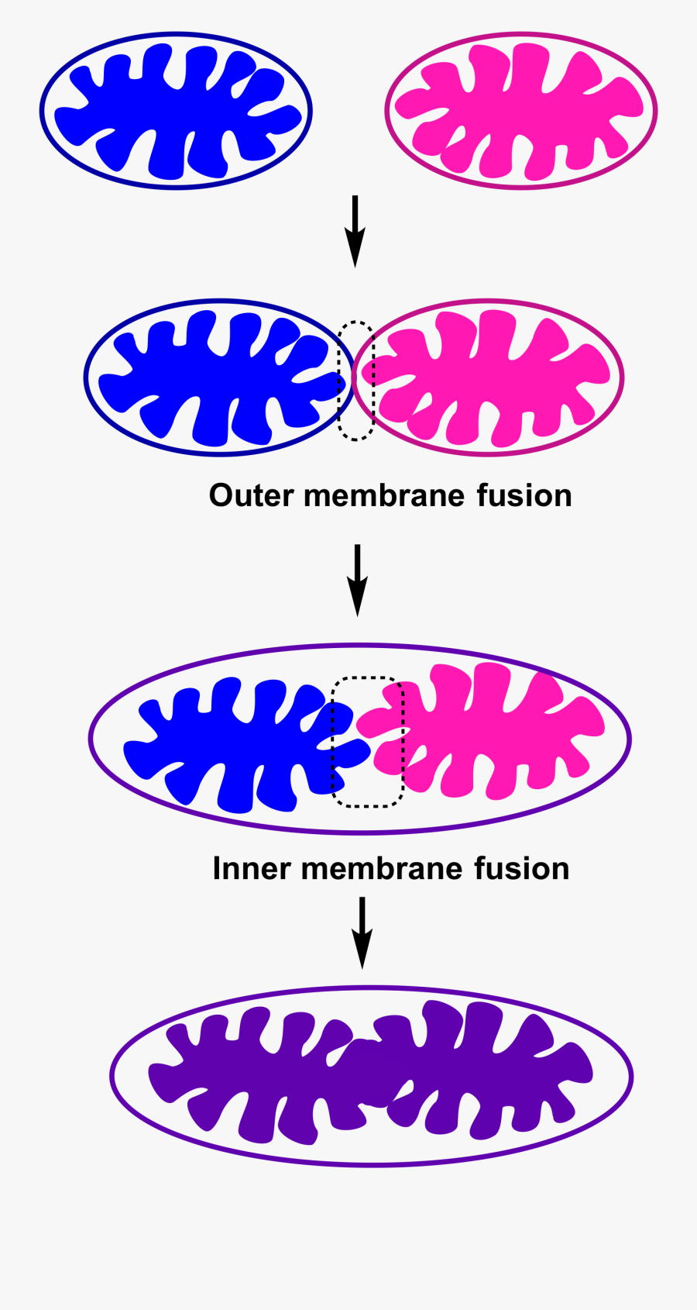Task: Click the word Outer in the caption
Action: (251, 496)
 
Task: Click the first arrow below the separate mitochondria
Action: (355, 231)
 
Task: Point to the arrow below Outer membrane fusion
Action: (357, 580)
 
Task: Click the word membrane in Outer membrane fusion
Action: (384, 496)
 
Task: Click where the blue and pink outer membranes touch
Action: (353, 378)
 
